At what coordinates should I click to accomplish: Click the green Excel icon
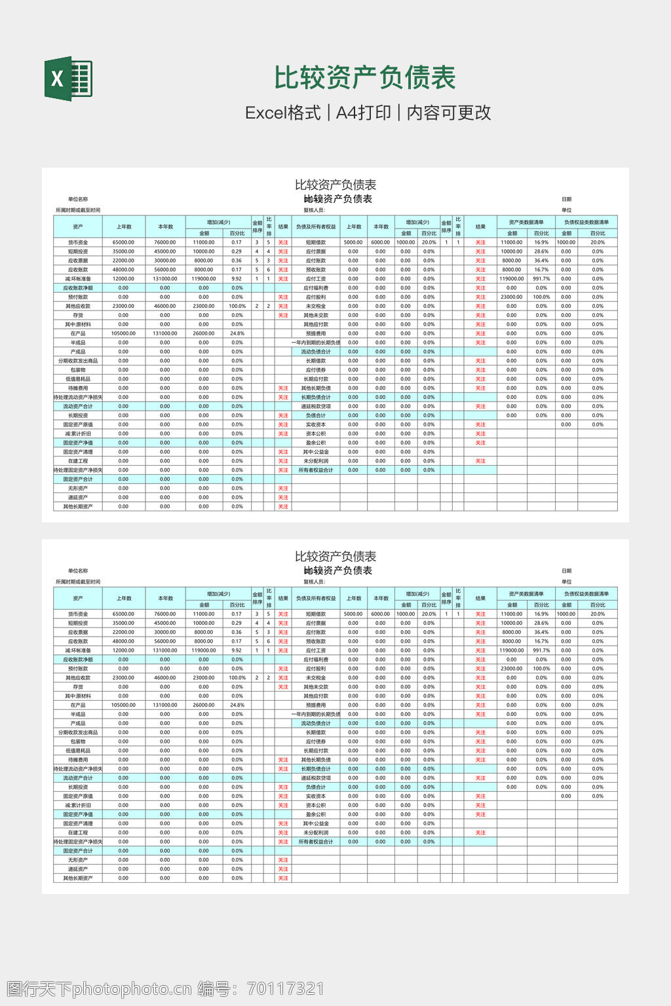click(68, 79)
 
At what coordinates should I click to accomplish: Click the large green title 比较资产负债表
click(364, 77)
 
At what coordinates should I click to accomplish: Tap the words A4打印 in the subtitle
click(363, 113)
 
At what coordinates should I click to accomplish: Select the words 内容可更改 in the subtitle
click(449, 113)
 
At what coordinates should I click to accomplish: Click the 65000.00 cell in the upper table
click(123, 242)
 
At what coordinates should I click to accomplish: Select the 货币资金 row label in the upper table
click(78, 242)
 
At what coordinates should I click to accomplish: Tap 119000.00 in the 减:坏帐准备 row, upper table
click(204, 279)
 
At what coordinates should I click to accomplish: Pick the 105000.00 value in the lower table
click(123, 705)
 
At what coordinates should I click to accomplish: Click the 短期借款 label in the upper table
click(316, 242)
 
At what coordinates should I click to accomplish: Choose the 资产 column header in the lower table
click(78, 599)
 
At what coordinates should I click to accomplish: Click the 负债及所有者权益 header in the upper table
click(316, 227)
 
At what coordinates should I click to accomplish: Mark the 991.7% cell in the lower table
click(541, 650)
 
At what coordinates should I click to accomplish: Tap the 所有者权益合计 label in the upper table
click(316, 470)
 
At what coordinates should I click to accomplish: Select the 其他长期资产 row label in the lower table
click(78, 878)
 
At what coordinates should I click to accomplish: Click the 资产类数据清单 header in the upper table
click(526, 222)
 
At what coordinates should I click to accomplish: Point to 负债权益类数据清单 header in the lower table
click(586, 594)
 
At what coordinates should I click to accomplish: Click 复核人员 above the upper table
click(315, 210)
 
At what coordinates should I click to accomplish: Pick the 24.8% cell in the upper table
click(237, 333)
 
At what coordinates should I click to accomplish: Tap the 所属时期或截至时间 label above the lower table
click(78, 582)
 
